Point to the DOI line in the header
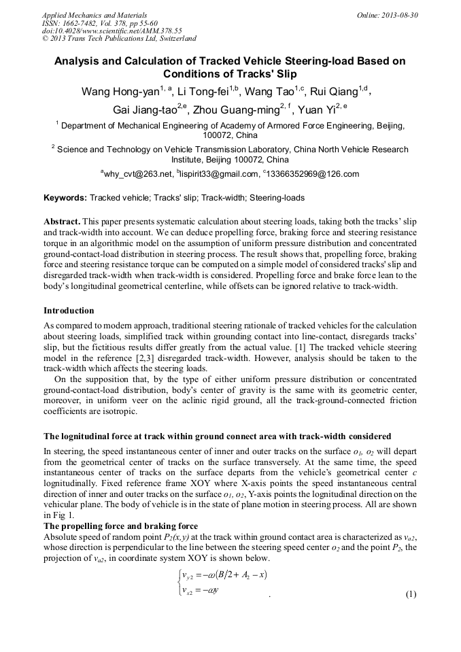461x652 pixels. (112, 31)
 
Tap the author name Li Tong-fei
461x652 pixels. (204, 92)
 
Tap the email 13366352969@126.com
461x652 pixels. (312, 174)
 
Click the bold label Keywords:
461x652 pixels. (65, 198)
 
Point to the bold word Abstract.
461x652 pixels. (63, 222)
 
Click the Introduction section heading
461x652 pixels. (69, 311)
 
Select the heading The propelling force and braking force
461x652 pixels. (120, 526)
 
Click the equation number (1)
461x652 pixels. (411, 594)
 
